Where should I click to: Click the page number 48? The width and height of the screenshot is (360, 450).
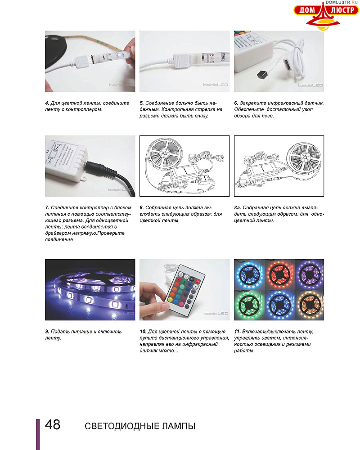[53, 425]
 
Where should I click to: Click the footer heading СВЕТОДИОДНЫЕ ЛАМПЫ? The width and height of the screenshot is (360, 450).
[139, 426]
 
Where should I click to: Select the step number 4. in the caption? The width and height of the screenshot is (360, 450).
[47, 103]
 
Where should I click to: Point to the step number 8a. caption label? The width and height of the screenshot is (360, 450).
[238, 207]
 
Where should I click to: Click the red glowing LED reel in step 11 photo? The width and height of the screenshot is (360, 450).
[279, 273]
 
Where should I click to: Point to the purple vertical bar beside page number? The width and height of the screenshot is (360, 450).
[38, 434]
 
